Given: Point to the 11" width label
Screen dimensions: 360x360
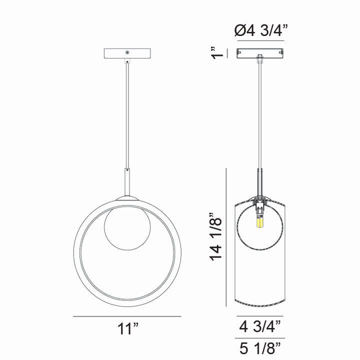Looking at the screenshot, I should (x=127, y=329).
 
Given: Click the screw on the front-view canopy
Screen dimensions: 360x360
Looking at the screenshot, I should (x=128, y=52).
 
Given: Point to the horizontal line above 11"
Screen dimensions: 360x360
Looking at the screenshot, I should (x=127, y=317).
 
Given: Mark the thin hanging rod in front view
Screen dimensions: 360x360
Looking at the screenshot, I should (x=127, y=115).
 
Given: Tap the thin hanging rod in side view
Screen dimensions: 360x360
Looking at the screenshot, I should (x=259, y=115).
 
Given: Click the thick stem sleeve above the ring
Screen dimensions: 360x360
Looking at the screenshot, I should (x=127, y=183).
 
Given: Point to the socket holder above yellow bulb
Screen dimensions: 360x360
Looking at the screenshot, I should (x=259, y=205).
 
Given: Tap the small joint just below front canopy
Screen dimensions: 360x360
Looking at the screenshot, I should (x=127, y=62).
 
